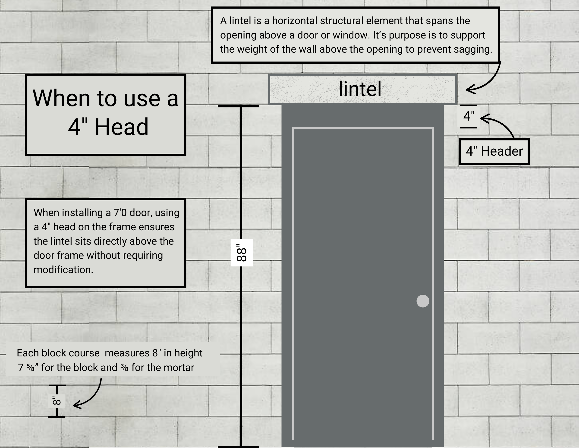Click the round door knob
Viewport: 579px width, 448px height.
click(423, 301)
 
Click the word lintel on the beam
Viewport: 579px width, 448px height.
click(360, 89)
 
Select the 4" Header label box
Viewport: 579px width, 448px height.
click(494, 152)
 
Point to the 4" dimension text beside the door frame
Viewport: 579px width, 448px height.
click(469, 116)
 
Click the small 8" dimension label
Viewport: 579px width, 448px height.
click(57, 401)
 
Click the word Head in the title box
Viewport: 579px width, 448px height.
click(121, 127)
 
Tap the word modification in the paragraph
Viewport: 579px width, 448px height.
click(63, 270)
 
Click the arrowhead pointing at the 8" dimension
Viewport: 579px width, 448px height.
click(76, 406)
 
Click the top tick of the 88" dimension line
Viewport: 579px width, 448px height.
click(238, 106)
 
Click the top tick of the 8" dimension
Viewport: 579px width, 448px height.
click(57, 385)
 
